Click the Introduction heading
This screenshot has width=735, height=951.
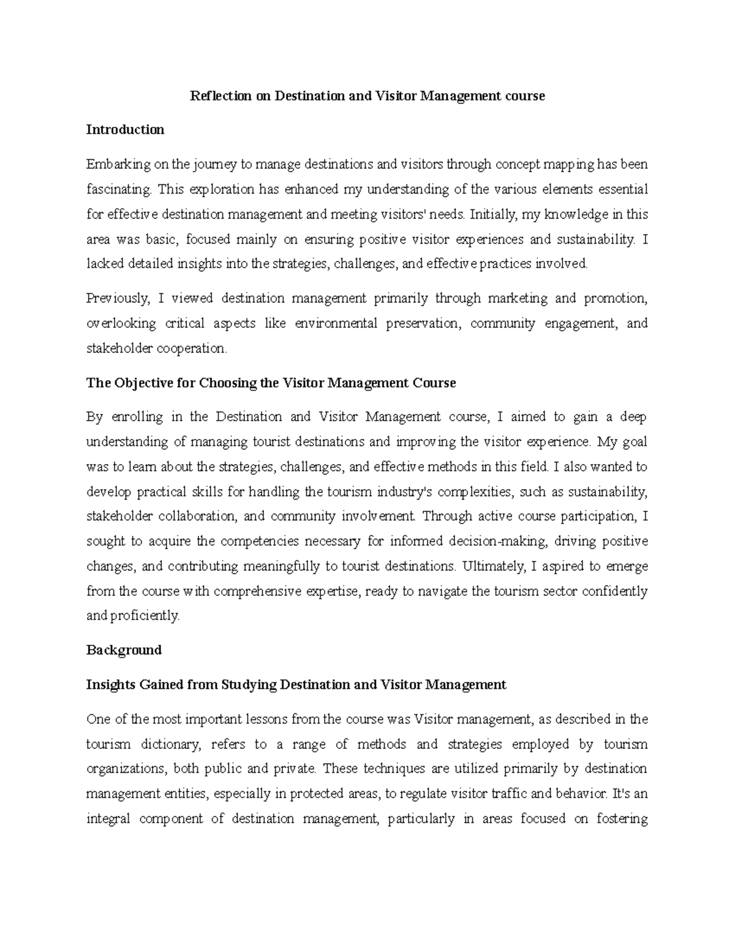click(x=125, y=130)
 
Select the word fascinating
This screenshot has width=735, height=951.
click(x=118, y=190)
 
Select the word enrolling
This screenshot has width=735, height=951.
click(x=137, y=417)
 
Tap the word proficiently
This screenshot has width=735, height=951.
click(x=145, y=616)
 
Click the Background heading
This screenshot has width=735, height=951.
click(x=124, y=650)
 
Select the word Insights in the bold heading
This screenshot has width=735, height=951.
click(x=111, y=685)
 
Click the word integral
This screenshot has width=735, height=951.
click(x=108, y=819)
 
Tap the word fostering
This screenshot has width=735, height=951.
click(x=622, y=819)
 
